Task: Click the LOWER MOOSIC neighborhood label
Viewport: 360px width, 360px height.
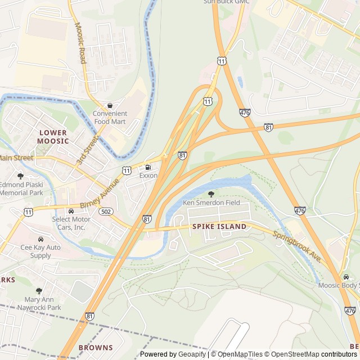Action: click(x=53, y=137)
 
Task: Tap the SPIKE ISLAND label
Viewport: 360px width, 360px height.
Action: click(x=219, y=226)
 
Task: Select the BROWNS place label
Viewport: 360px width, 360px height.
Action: click(x=96, y=348)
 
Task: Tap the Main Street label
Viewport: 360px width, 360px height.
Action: click(x=16, y=158)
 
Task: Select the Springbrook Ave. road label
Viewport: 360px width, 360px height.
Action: click(x=297, y=246)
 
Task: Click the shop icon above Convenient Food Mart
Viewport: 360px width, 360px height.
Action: click(x=110, y=105)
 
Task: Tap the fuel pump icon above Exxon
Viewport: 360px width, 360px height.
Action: click(x=148, y=167)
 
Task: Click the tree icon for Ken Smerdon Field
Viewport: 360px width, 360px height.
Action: click(x=211, y=194)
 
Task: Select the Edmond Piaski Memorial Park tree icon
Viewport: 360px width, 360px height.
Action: click(x=21, y=176)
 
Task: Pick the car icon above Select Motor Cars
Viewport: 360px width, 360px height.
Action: click(x=71, y=211)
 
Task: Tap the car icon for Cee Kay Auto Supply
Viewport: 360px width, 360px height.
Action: click(x=40, y=239)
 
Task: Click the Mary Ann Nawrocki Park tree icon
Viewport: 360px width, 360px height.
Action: click(x=39, y=291)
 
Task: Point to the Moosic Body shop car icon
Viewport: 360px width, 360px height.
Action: click(x=346, y=277)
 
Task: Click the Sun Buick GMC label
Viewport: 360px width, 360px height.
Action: click(x=226, y=2)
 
